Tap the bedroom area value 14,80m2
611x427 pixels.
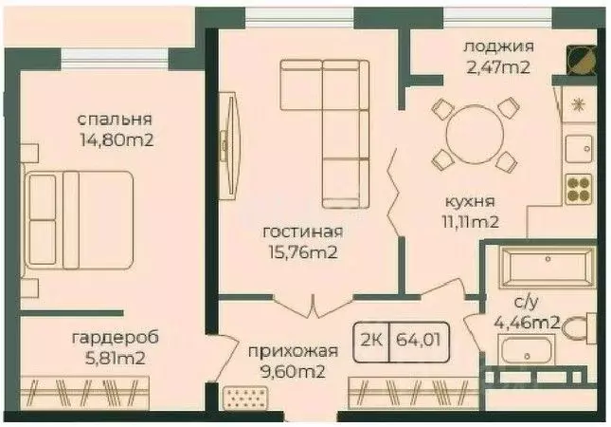117,141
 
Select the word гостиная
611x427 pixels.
303,232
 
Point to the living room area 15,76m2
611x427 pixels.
303,252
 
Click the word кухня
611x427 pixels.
471,202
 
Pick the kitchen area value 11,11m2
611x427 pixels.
471,223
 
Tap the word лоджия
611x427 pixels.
498,46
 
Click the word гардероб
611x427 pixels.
115,338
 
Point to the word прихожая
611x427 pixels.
286,351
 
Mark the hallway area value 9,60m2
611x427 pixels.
286,372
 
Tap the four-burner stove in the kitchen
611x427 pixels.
578,190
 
